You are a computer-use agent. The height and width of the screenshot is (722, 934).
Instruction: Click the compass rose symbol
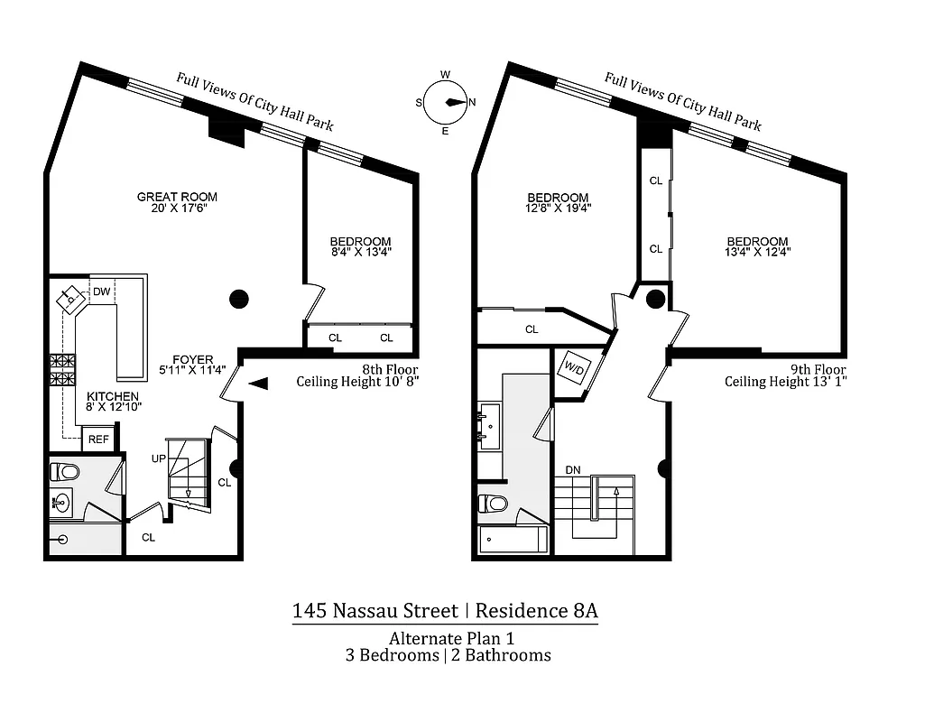[445, 102]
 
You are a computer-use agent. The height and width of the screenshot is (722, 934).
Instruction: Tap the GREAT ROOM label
[177, 197]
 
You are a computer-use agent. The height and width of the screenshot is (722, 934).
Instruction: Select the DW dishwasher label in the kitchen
[102, 292]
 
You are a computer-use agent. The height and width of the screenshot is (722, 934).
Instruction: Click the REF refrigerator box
[97, 440]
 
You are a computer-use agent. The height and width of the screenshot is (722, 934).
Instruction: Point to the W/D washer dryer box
[571, 367]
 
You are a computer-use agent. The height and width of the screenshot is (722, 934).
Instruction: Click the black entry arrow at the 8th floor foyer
[258, 384]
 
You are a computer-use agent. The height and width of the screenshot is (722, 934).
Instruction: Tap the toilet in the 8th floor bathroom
[65, 471]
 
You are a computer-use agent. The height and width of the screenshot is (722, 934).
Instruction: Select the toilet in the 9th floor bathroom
[493, 503]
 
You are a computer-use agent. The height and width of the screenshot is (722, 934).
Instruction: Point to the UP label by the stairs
[159, 458]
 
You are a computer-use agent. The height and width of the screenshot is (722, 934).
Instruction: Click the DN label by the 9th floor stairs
[572, 470]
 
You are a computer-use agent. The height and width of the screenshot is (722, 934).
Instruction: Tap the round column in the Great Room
[238, 300]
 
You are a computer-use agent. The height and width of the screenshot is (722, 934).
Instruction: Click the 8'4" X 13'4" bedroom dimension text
[360, 252]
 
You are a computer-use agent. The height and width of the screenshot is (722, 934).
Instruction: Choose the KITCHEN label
[113, 396]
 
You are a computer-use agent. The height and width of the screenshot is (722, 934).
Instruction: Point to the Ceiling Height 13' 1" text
[785, 382]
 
